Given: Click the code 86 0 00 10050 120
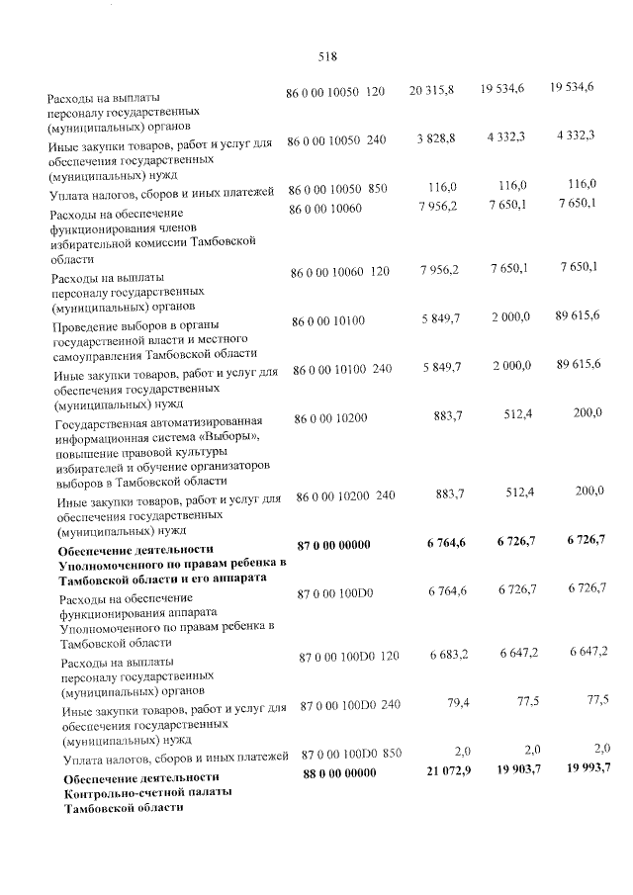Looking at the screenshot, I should coord(334,92).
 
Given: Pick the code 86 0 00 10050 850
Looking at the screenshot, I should coord(337,189).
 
